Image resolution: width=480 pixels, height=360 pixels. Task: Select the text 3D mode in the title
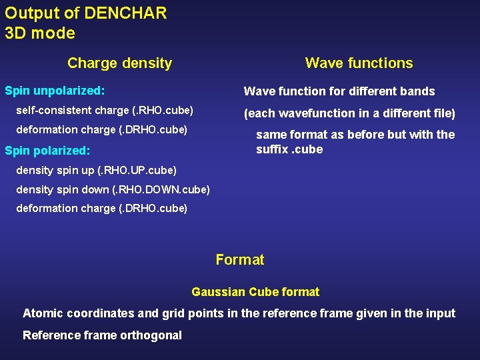click(40, 33)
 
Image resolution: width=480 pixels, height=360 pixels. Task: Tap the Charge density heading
click(120, 63)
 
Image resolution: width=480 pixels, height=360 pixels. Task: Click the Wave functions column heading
click(359, 63)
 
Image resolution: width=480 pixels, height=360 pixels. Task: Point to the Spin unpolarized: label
click(55, 89)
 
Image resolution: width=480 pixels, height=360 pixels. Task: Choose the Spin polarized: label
click(47, 151)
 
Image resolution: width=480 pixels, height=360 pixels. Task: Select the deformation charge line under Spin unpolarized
click(101, 129)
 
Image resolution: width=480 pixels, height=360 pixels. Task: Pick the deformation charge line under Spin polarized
click(101, 208)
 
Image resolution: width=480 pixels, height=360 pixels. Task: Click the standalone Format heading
click(240, 260)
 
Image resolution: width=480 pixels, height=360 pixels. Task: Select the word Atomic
click(42, 313)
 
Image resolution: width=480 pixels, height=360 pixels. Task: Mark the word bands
click(417, 91)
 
